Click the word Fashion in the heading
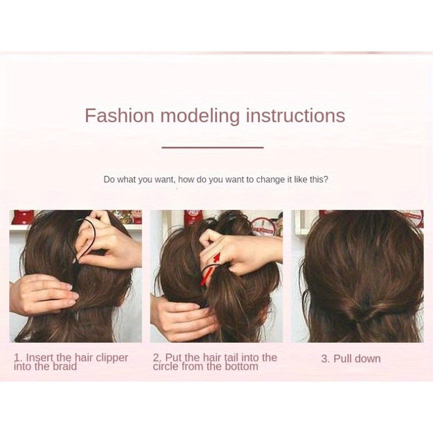[119, 115]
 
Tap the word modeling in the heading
[200, 116]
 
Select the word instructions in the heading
[296, 115]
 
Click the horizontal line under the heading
[212, 147]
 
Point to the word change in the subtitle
[271, 180]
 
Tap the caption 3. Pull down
[351, 358]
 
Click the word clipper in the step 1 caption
[112, 358]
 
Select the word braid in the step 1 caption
[63, 367]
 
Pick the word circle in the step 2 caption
[166, 367]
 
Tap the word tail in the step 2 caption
[231, 358]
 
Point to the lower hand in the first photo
[42, 294]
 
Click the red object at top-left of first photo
[23, 217]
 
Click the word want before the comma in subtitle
[165, 180]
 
